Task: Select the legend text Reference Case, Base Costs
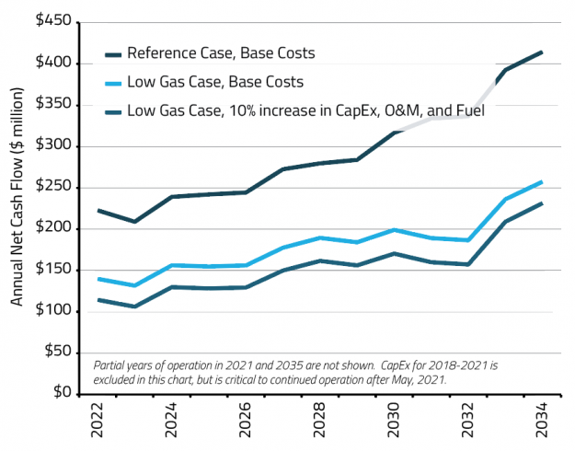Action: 221,53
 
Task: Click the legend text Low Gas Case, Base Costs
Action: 215,82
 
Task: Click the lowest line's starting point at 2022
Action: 98,300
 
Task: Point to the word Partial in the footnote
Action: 111,364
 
